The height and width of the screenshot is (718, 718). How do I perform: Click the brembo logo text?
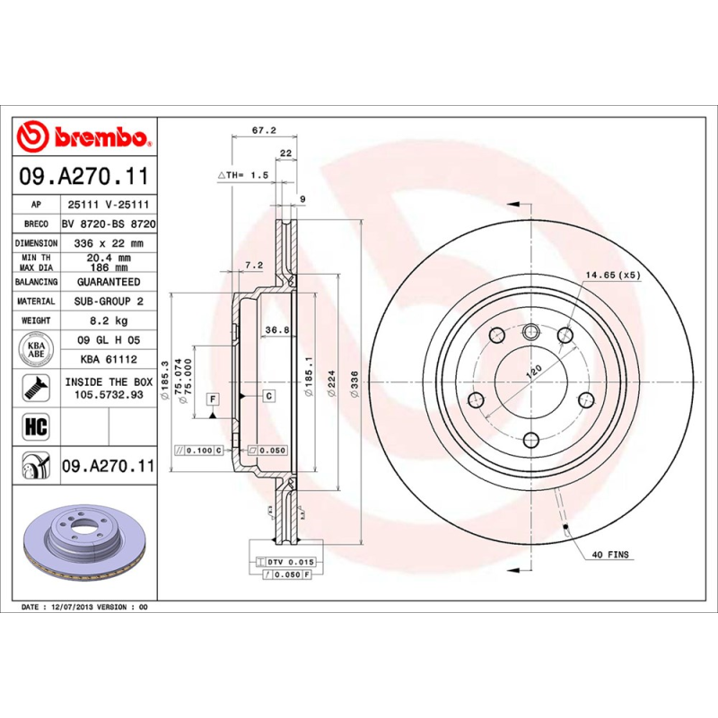tap(99, 137)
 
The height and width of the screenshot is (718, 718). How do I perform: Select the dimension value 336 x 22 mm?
tap(108, 243)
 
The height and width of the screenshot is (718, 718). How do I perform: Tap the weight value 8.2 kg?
tap(108, 320)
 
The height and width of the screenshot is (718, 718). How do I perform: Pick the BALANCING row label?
tap(37, 282)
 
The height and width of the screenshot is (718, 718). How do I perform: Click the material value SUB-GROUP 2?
tap(108, 302)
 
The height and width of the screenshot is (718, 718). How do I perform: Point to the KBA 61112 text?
tap(108, 359)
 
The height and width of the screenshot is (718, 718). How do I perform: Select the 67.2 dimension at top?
tap(263, 130)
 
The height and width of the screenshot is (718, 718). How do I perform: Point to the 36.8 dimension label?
tap(276, 330)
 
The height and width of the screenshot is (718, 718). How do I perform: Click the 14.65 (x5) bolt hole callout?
tap(613, 275)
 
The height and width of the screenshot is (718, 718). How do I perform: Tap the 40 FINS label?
tap(610, 556)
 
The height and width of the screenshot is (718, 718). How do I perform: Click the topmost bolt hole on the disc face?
tap(530, 329)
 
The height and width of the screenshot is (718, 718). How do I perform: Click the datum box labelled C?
tap(268, 395)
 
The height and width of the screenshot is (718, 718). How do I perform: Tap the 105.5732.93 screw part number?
tap(108, 393)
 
